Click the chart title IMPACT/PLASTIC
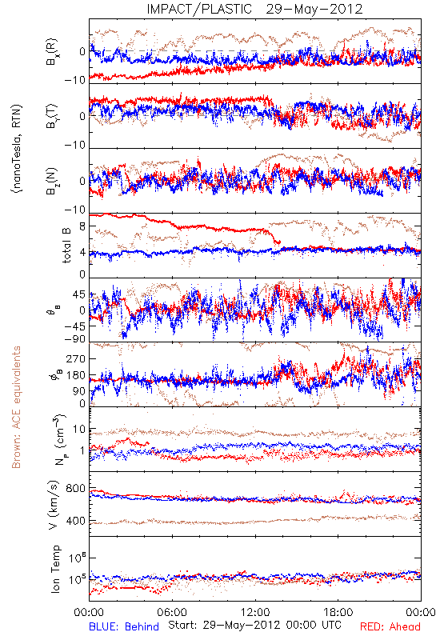199,9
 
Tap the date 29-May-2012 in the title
314,9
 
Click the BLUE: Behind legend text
124,626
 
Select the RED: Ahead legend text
390,626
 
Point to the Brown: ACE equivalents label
15,407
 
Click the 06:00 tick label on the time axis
172,612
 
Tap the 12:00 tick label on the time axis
255,612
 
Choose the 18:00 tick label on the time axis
338,612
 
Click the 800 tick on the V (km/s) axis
75,489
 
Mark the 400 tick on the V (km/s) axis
75,521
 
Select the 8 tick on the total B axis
82,227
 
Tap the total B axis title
66,245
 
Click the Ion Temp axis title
55,569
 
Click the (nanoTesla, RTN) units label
17,149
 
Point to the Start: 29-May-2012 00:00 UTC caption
254,625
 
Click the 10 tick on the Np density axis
79,430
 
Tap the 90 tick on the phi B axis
79,391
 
